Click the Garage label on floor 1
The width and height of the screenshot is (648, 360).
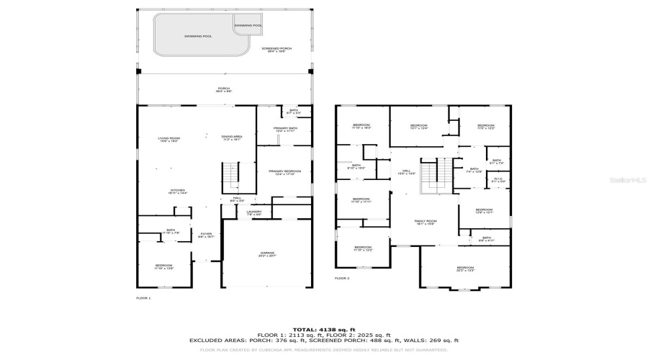click(x=268, y=254)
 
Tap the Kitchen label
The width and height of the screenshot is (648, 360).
click(x=168, y=192)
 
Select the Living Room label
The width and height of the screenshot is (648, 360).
click(x=168, y=140)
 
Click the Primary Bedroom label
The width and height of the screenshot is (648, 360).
click(x=284, y=172)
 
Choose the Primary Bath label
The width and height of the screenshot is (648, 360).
click(x=285, y=130)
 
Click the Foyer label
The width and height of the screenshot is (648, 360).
click(x=205, y=234)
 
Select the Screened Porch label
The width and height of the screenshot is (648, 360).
click(x=276, y=50)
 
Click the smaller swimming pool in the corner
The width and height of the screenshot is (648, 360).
click(x=248, y=26)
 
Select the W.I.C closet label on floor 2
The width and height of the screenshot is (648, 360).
click(x=498, y=180)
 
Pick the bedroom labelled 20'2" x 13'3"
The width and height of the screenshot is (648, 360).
click(x=465, y=269)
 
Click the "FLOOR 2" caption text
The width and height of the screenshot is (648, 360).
click(x=342, y=278)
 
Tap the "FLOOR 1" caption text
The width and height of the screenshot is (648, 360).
click(x=143, y=297)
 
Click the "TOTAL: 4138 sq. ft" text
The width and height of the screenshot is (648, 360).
click(x=323, y=328)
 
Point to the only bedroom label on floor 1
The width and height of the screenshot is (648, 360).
click(x=163, y=266)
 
